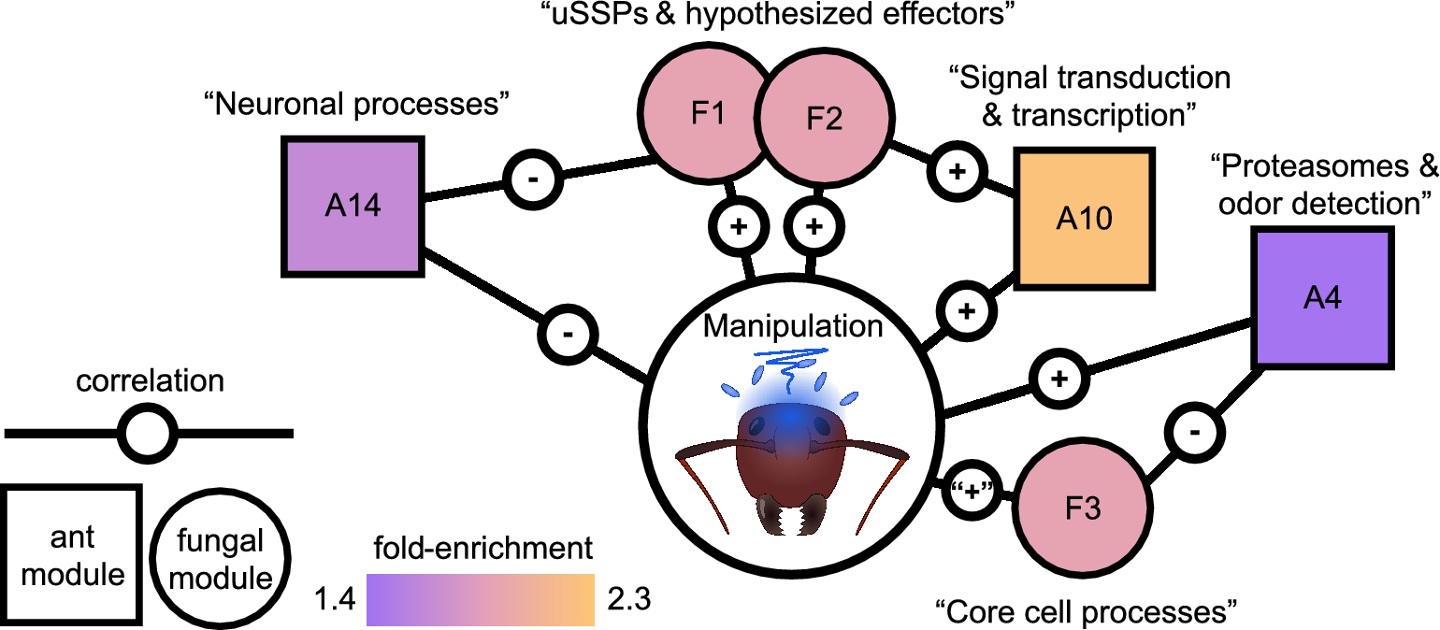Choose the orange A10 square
pos(1085,218)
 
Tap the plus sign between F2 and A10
pos(958,173)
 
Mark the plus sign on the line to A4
pos(1059,379)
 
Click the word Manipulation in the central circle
pos(793,327)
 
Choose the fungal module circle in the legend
pos(221,557)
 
